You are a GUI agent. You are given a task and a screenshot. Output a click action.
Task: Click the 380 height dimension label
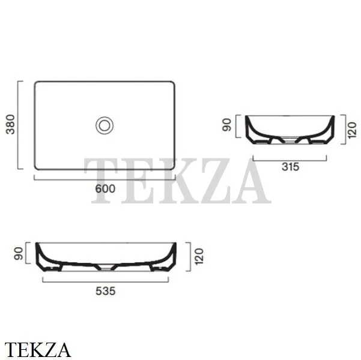pyautogui.click(x=10, y=124)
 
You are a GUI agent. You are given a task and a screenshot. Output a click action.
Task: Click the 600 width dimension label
pyautogui.click(x=105, y=189)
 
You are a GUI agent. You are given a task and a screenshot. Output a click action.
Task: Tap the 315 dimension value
pyautogui.click(x=290, y=167)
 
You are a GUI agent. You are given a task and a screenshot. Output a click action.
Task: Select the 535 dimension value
pyautogui.click(x=106, y=291)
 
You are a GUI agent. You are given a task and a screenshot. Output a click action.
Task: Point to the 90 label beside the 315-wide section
pyautogui.click(x=227, y=125)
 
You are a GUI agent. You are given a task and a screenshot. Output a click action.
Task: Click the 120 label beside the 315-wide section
pyautogui.click(x=352, y=130)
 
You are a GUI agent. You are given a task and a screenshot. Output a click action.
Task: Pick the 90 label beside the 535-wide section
pyautogui.click(x=19, y=253)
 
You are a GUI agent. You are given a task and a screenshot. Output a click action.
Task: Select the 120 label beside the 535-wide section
pyautogui.click(x=199, y=256)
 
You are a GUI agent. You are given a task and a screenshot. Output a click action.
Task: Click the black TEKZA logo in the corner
pyautogui.click(x=37, y=350)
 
